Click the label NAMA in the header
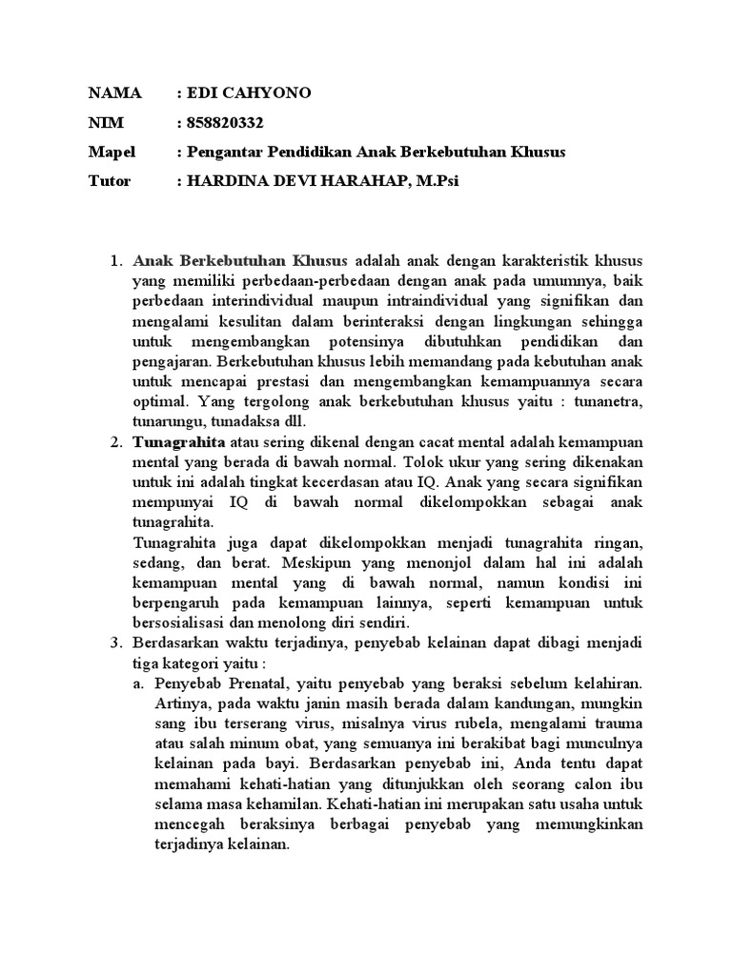coord(114,93)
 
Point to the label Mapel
coord(112,152)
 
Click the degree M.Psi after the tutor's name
coord(437,182)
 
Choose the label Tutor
coord(110,182)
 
